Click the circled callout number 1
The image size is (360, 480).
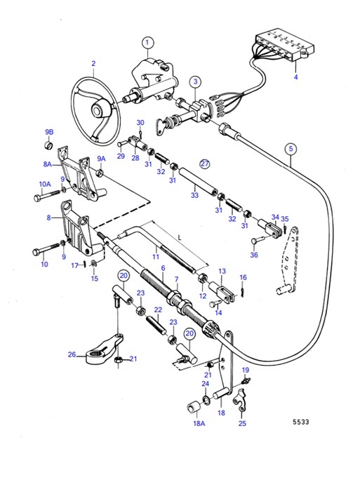(x=147, y=43)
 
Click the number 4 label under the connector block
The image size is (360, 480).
(x=295, y=76)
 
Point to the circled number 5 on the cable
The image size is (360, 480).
(x=291, y=148)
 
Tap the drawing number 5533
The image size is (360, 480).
(x=301, y=423)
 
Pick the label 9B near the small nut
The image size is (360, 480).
(x=49, y=132)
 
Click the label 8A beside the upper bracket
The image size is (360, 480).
(x=48, y=164)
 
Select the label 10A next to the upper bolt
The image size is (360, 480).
(x=44, y=184)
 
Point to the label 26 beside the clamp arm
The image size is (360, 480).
(x=72, y=354)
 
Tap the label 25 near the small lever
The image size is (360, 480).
(x=242, y=423)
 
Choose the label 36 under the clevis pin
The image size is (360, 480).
(x=253, y=255)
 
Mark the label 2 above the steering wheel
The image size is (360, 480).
(x=93, y=64)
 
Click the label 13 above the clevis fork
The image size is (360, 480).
(x=221, y=271)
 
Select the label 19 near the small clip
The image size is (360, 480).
(x=246, y=370)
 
